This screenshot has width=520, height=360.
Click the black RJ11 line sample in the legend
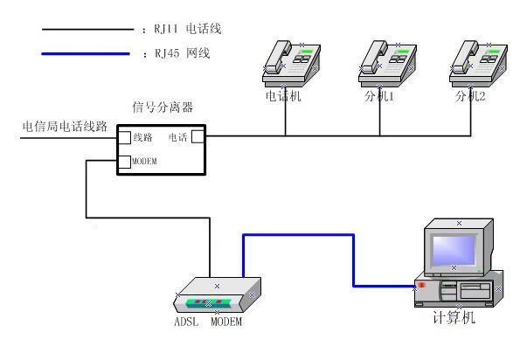(x=87, y=30)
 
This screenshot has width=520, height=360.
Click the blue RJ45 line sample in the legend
(x=86, y=53)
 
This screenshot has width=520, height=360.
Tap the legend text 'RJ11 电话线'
(x=188, y=29)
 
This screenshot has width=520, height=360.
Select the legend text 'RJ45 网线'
(x=183, y=53)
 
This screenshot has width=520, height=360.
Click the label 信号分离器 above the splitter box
(x=163, y=107)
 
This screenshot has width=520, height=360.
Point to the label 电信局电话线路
(x=65, y=127)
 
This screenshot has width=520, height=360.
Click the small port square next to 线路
(x=125, y=137)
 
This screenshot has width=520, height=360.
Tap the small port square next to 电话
(x=198, y=136)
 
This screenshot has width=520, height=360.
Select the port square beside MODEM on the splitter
(x=125, y=162)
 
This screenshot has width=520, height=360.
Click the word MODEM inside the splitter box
(x=144, y=162)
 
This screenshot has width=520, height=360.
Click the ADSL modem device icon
(x=218, y=295)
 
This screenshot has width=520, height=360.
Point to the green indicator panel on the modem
(x=208, y=303)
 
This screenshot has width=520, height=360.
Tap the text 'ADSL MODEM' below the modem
(x=208, y=322)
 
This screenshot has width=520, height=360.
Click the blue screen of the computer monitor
(x=454, y=250)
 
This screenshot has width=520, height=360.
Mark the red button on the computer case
(x=422, y=285)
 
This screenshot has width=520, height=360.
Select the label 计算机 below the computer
(x=454, y=317)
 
